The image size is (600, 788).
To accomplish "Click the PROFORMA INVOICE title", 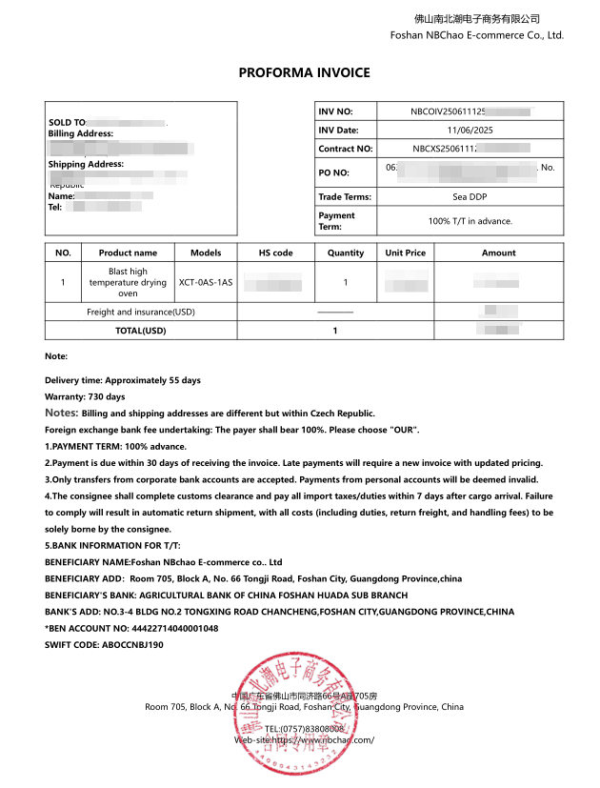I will pyautogui.click(x=304, y=72).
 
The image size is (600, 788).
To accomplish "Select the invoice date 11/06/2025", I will pyautogui.click(x=470, y=130).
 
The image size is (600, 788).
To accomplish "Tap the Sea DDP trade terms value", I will pyautogui.click(x=470, y=197).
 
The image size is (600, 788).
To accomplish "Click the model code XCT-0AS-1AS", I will pyautogui.click(x=206, y=282).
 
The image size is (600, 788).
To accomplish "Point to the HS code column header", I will pyautogui.click(x=276, y=253).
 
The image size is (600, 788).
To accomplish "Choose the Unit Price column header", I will pyautogui.click(x=405, y=253).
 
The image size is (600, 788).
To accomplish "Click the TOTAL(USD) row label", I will pyautogui.click(x=141, y=331).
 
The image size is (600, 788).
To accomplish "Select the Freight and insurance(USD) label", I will pyautogui.click(x=141, y=312).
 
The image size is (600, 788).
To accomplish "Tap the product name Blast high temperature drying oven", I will pyautogui.click(x=128, y=282).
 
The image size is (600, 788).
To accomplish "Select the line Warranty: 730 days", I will pyautogui.click(x=85, y=396).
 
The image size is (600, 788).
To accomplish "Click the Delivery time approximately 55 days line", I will pyautogui.click(x=123, y=380).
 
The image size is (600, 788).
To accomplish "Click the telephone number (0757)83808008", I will pyautogui.click(x=304, y=728).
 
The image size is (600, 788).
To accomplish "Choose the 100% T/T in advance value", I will pyautogui.click(x=470, y=221).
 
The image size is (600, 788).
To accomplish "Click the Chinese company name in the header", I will pyautogui.click(x=477, y=18).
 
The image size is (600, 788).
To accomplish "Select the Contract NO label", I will pyautogui.click(x=345, y=149).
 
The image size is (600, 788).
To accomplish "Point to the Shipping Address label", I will pyautogui.click(x=86, y=164).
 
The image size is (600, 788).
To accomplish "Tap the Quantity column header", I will pyautogui.click(x=345, y=253).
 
